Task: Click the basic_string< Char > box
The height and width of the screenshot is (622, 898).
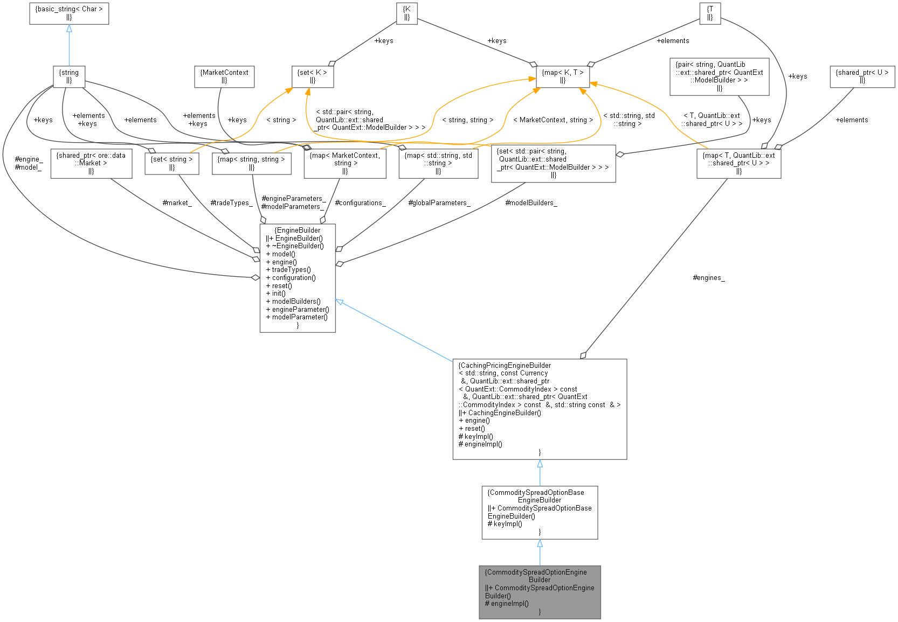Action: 69,13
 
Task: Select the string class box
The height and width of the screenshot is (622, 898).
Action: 69,76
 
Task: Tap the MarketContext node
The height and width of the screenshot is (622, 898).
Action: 224,76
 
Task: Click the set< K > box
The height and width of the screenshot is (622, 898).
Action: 313,76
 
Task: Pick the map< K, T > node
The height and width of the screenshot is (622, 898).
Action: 563,76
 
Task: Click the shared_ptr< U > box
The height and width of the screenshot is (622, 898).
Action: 862,76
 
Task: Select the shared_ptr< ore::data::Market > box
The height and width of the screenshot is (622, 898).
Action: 91,163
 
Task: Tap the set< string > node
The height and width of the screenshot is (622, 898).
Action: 171,163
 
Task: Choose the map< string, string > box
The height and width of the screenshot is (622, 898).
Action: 252,163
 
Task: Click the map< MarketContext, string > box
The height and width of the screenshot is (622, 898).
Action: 345,163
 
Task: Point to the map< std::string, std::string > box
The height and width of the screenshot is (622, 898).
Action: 438,163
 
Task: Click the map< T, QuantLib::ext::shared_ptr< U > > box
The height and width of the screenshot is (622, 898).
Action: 738,163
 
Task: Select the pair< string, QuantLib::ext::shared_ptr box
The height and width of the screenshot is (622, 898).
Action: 719,76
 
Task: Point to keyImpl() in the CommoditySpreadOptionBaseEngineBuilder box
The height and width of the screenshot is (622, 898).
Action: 507,523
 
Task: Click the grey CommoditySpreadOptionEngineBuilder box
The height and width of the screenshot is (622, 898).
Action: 540,592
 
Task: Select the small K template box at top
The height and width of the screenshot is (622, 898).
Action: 407,13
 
